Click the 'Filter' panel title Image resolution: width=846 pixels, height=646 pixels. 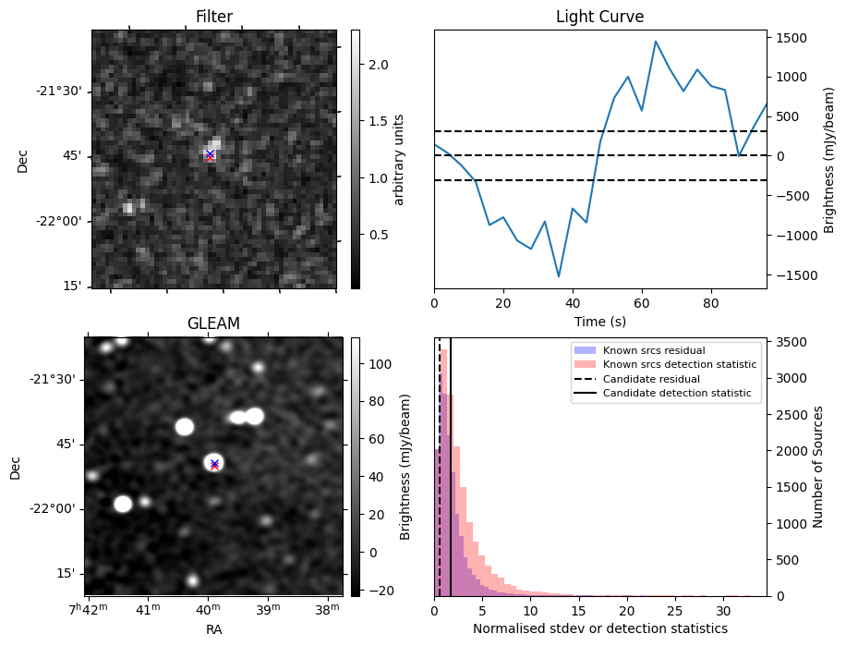(213, 17)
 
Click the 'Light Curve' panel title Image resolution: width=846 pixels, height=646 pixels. (599, 17)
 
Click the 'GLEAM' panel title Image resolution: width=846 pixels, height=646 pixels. (213, 323)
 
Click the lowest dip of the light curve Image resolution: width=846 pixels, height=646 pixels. (559, 276)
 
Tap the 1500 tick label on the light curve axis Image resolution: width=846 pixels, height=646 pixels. (793, 38)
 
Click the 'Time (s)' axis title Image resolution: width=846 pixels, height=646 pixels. (599, 322)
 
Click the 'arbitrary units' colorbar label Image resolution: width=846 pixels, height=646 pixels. (399, 159)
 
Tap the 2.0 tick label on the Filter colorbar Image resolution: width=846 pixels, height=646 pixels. (379, 65)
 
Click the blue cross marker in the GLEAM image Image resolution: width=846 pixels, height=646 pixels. (214, 462)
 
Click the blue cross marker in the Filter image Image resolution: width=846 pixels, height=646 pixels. (210, 153)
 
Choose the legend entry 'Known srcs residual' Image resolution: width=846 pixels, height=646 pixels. (653, 350)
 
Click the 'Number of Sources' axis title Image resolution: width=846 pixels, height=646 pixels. (817, 466)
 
